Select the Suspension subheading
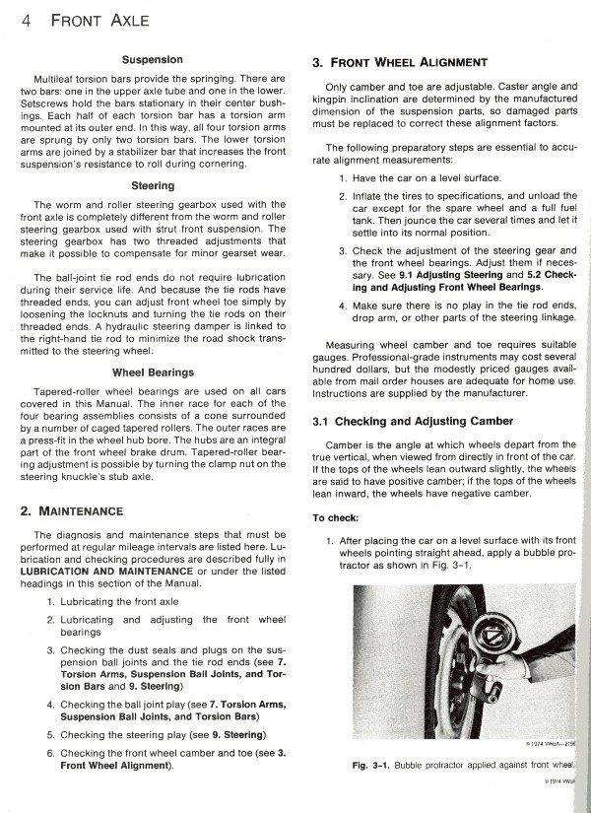(x=150, y=59)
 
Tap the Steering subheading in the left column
(x=153, y=185)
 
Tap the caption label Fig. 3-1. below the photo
(x=368, y=765)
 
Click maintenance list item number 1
(x=50, y=601)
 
